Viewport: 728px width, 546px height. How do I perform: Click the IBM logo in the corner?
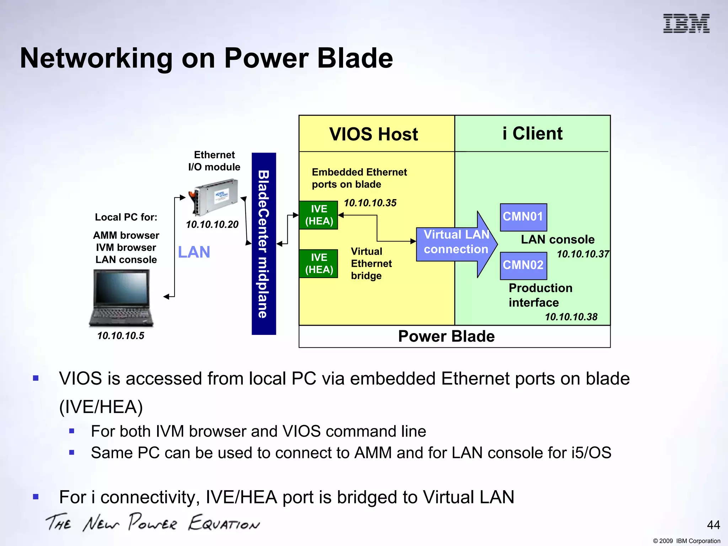pos(686,23)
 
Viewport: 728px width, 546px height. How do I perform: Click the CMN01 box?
pos(523,217)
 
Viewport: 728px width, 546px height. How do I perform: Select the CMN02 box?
pos(523,265)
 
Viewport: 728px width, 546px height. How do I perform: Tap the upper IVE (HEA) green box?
pos(318,215)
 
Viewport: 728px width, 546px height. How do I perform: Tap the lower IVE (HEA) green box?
pos(318,263)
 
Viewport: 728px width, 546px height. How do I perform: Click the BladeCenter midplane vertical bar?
pos(263,244)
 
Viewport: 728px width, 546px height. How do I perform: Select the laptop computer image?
pos(122,298)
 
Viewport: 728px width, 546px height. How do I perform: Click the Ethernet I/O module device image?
pos(213,197)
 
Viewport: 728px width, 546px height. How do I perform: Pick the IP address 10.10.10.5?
pos(121,336)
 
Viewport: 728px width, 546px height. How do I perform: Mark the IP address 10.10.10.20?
pos(212,224)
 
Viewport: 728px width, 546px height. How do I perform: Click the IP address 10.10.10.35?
pos(370,203)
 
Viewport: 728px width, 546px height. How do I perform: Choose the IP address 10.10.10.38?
pos(571,317)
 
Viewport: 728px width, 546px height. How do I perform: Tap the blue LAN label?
pos(194,252)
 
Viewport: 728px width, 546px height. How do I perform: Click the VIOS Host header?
pos(374,134)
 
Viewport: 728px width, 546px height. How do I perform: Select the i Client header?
pos(532,133)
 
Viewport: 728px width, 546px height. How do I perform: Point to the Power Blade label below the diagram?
pos(446,336)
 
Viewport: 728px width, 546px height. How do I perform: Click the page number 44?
pos(713,525)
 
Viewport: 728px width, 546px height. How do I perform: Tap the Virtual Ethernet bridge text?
pos(371,263)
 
